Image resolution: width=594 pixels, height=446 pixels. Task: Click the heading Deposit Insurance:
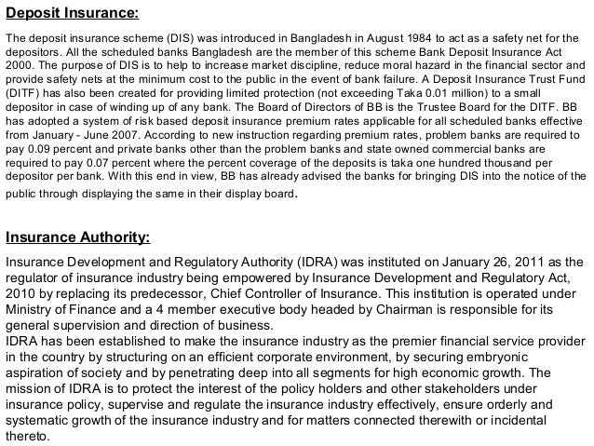tap(73, 15)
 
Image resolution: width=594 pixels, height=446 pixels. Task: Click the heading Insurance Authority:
tap(77, 236)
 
